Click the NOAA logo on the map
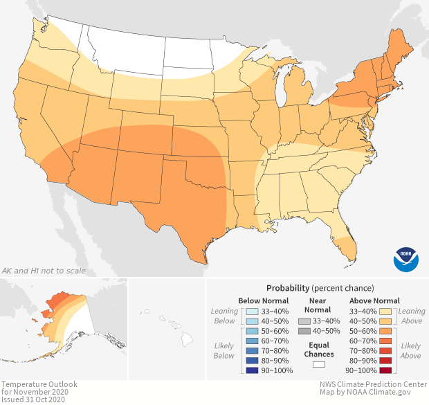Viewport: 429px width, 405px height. [x=406, y=258]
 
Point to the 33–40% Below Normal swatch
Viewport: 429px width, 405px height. [x=252, y=312]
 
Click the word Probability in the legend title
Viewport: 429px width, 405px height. [x=289, y=287]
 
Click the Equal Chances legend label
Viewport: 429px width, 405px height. [x=318, y=349]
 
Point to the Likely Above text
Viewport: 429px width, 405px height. [x=410, y=350]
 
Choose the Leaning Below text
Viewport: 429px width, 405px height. [x=225, y=316]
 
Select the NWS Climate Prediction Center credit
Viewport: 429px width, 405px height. [x=374, y=384]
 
